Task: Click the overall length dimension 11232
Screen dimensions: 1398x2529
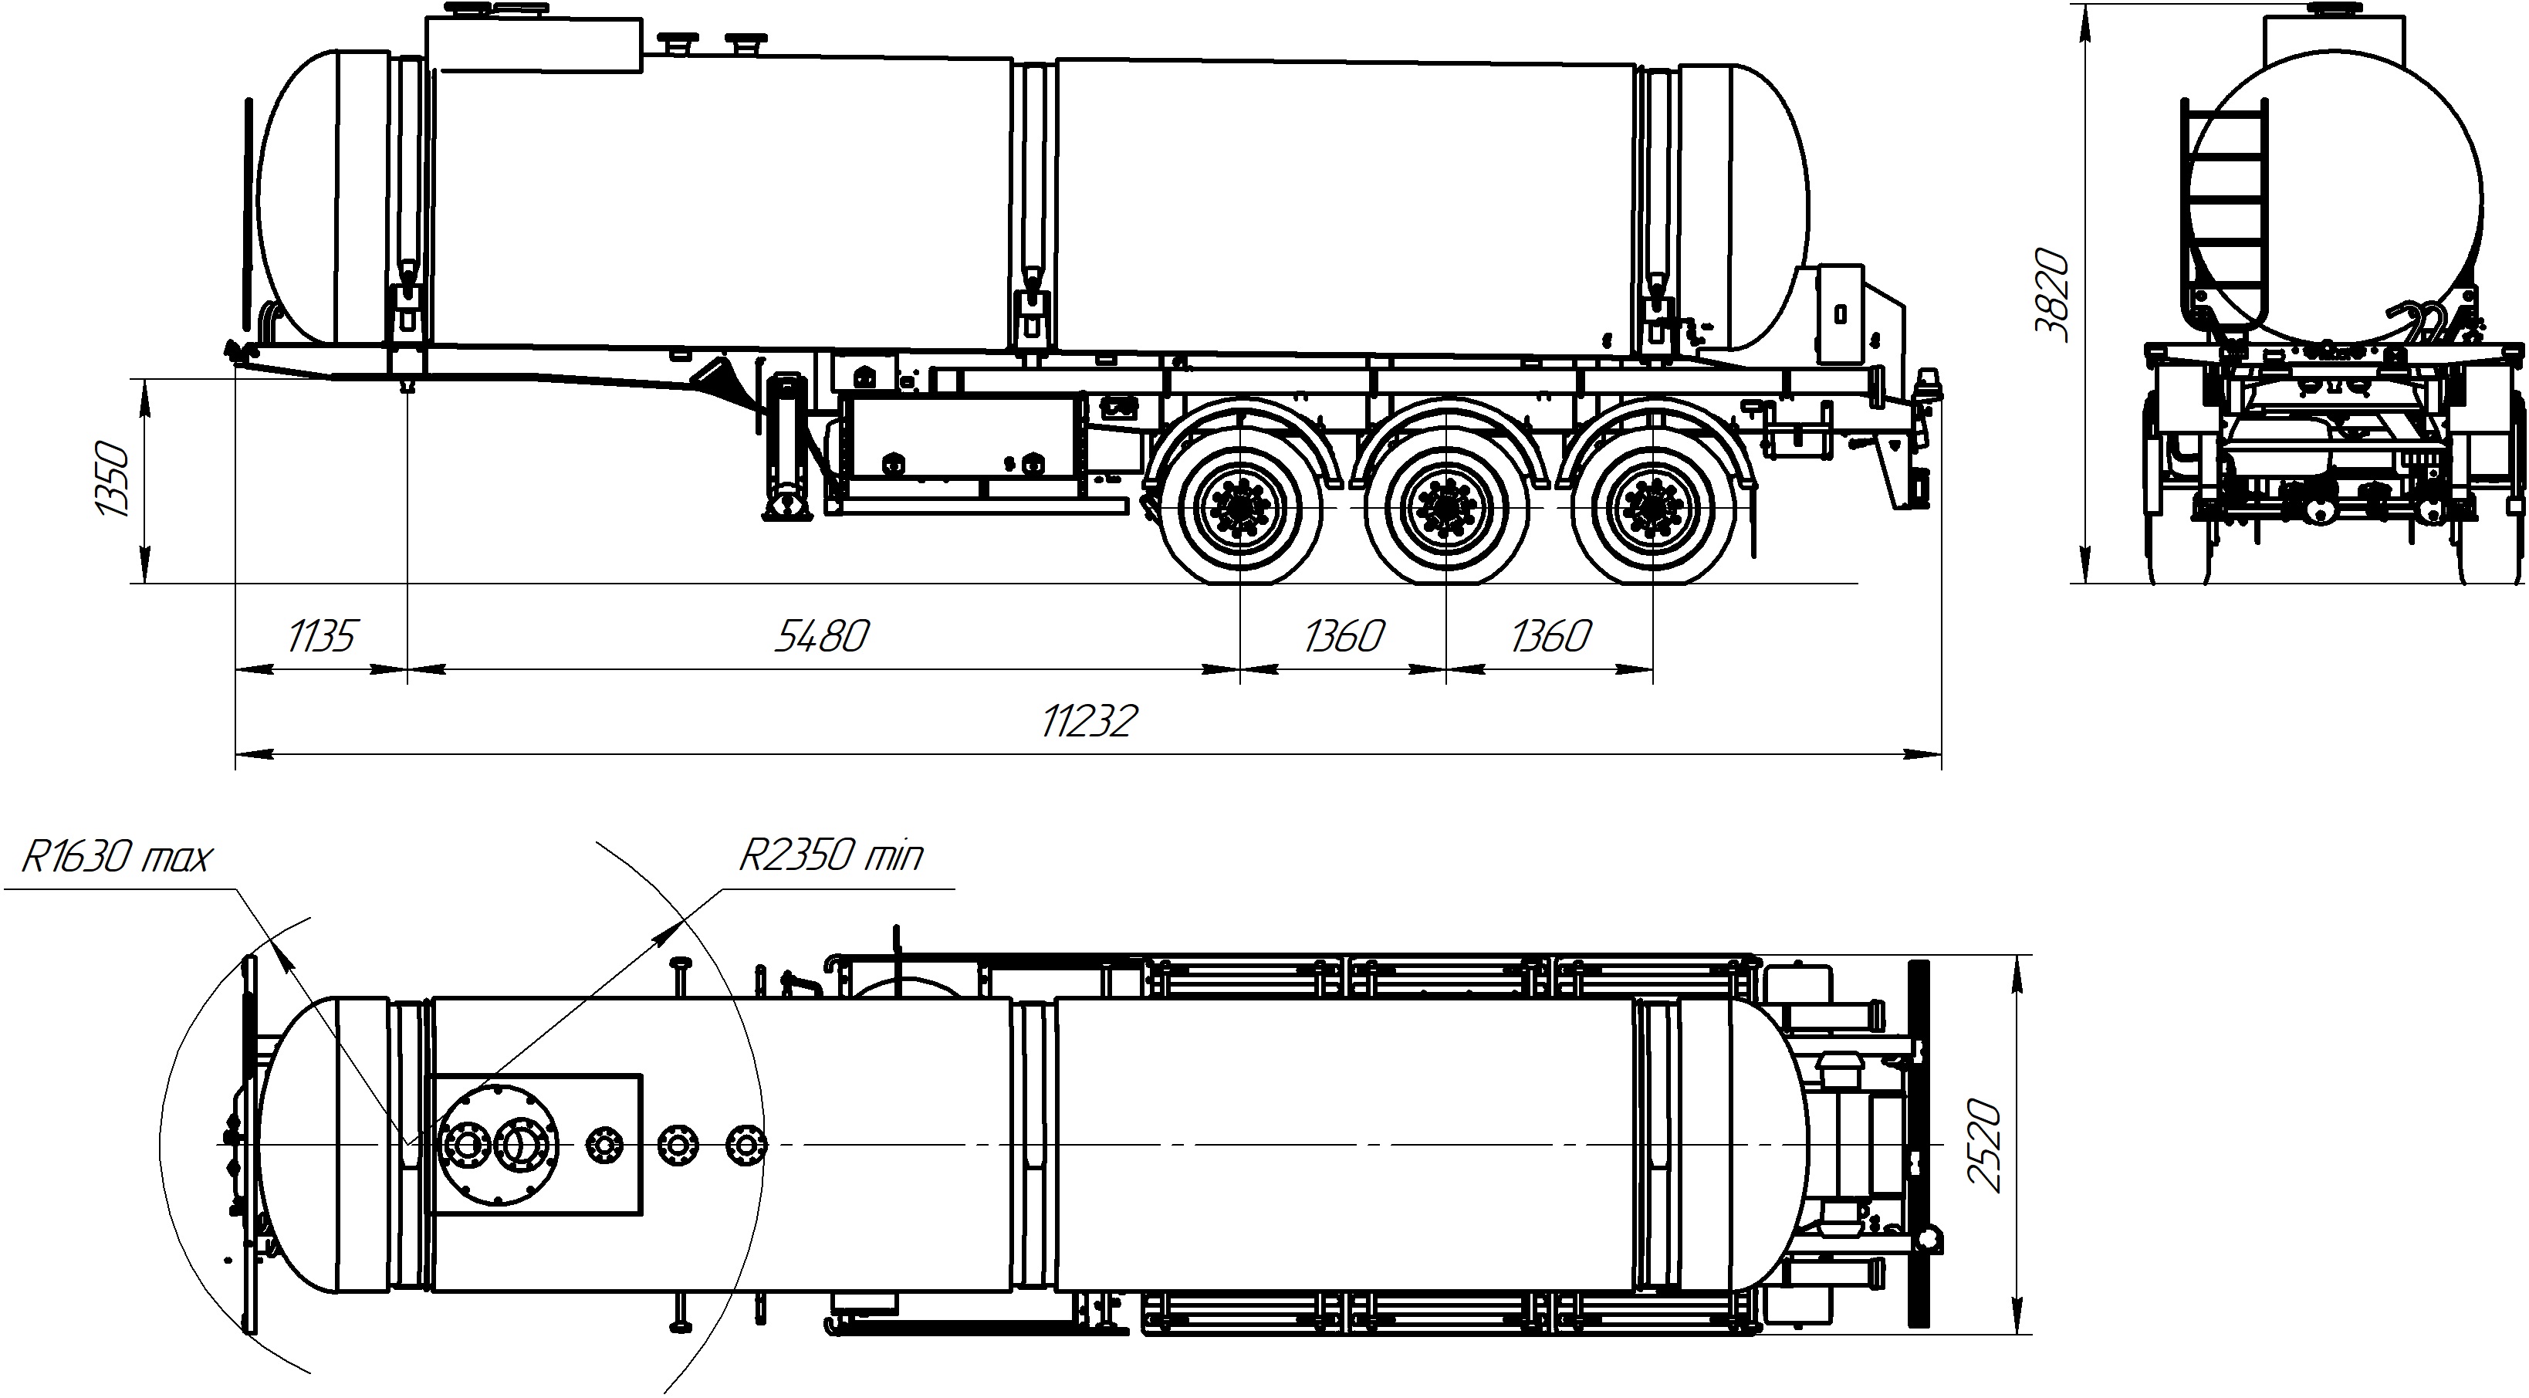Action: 1088,722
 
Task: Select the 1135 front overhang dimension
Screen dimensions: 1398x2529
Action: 321,636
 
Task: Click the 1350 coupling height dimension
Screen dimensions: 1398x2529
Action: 112,480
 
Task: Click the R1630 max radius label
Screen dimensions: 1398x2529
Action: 116,857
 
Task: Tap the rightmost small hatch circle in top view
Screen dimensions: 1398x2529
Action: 746,1145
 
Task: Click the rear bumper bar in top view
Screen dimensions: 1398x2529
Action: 1916,1144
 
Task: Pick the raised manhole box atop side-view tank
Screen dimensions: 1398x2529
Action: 535,44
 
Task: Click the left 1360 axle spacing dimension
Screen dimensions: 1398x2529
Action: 1343,636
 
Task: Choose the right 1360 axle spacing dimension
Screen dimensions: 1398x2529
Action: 1549,636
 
